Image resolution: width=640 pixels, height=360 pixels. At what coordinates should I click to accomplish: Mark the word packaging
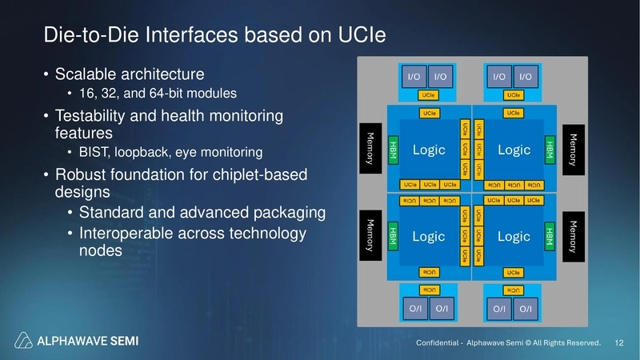tap(274, 212)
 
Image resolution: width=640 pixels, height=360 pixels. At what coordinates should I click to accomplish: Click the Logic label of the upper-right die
tap(514, 150)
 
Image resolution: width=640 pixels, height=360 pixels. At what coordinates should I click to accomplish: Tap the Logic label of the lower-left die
tap(429, 237)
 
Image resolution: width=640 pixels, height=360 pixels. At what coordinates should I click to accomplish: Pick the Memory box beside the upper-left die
tap(370, 148)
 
